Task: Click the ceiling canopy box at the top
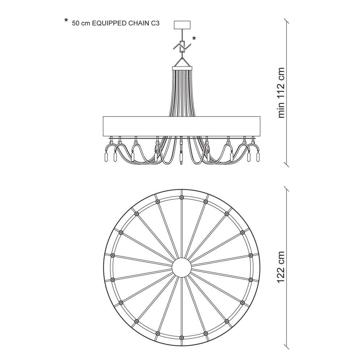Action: coord(182,25)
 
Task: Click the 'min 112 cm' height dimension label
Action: coord(281,93)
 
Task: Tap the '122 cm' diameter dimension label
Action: coord(281,267)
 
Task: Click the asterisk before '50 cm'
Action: coord(66,21)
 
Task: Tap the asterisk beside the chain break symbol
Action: coord(194,38)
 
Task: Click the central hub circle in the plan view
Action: coord(182,267)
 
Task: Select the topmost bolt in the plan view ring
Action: coord(182,197)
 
